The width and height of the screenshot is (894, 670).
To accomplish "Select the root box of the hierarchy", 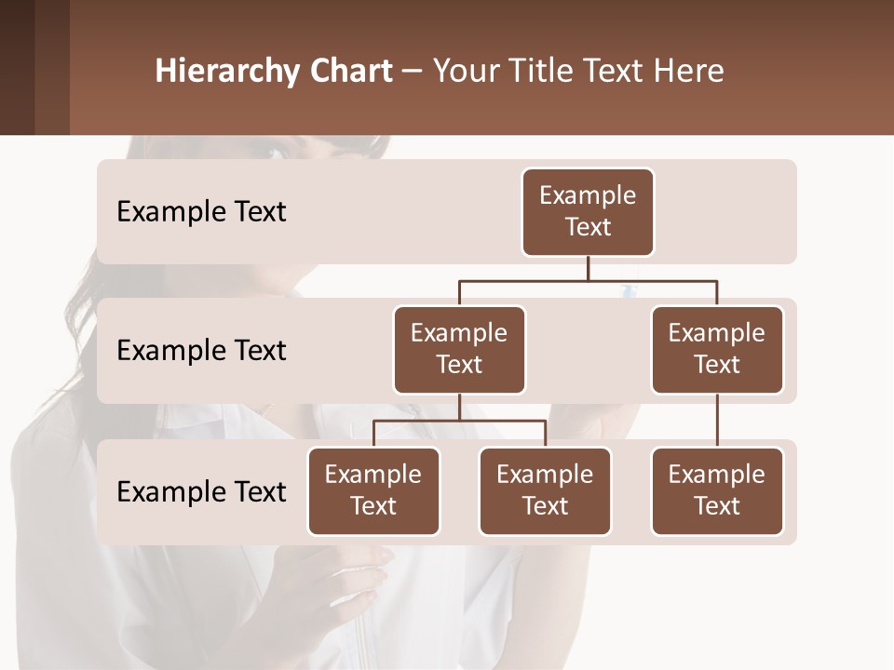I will pyautogui.click(x=588, y=212).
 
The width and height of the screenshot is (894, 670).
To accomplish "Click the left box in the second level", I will pyautogui.click(x=459, y=350).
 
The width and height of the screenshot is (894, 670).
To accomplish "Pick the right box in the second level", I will pyautogui.click(x=717, y=350).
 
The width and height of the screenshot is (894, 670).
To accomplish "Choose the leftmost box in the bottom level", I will pyautogui.click(x=373, y=491).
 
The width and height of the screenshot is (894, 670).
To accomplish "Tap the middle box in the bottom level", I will pyautogui.click(x=545, y=491).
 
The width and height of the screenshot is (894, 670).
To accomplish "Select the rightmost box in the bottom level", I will pyautogui.click(x=717, y=491).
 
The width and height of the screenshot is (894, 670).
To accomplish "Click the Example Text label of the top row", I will pyautogui.click(x=201, y=212).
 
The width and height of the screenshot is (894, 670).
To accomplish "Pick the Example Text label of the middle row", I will pyautogui.click(x=201, y=351).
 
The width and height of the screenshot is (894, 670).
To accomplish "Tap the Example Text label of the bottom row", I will pyautogui.click(x=201, y=492).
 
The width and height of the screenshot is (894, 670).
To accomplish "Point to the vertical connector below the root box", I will pyautogui.click(x=588, y=268).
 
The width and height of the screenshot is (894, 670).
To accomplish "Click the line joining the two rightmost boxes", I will pyautogui.click(x=717, y=421).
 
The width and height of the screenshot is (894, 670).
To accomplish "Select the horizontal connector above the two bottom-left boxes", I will pyautogui.click(x=459, y=421).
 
